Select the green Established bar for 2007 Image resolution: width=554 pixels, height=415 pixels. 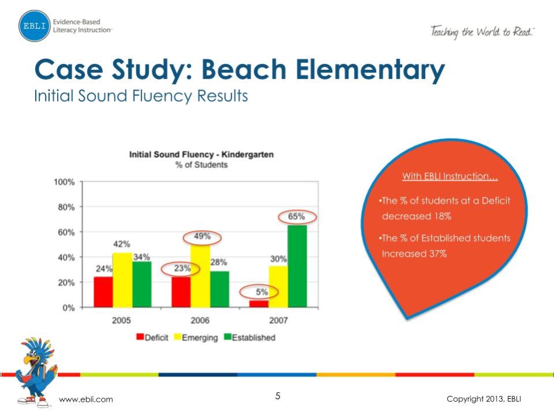[297, 266]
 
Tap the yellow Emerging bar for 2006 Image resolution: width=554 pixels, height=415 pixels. [200, 276]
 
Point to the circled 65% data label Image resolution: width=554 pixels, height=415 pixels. [296, 217]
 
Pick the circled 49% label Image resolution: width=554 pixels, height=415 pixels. [202, 237]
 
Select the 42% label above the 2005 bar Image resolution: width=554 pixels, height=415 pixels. [121, 244]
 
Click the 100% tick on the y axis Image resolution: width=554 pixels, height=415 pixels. [64, 182]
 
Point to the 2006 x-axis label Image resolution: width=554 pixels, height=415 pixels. [200, 320]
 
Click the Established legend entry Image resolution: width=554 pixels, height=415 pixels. [250, 338]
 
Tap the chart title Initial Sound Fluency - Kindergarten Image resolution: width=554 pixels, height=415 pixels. [201, 155]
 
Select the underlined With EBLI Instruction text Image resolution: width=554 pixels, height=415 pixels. [449, 176]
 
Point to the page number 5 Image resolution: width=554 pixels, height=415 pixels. [278, 396]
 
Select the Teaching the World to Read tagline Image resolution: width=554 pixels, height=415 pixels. [482, 31]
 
